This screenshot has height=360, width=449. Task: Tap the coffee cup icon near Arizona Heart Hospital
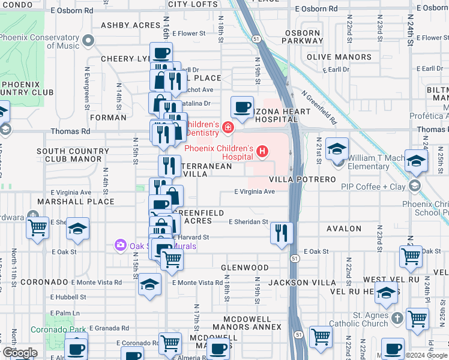[242, 108]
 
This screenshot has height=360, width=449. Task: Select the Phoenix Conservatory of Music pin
[89, 41]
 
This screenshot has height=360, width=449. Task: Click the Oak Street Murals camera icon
[120, 245]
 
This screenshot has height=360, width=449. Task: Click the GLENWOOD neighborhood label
[244, 267]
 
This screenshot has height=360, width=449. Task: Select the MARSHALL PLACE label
[76, 202]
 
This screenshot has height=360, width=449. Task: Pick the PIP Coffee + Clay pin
[415, 187]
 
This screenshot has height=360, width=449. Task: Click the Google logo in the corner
[20, 353]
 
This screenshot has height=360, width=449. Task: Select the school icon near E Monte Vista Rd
[150, 285]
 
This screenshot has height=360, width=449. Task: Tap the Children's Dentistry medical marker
[228, 127]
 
